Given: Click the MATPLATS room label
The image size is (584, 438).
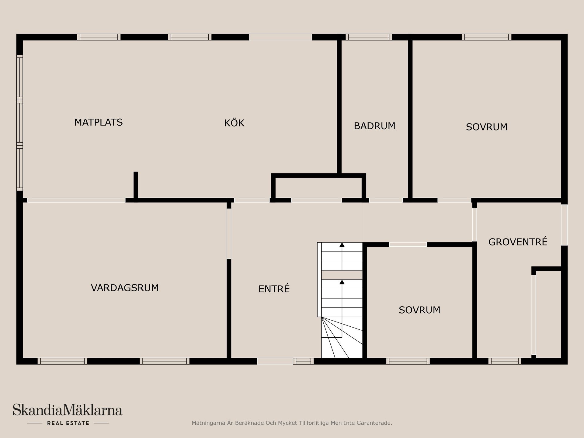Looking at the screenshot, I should [98, 122].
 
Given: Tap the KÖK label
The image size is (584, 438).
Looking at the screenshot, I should [234, 123].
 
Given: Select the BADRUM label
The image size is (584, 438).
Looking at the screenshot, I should [374, 126].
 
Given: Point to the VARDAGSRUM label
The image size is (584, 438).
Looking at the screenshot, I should [125, 288].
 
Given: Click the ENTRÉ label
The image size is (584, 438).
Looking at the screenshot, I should [274, 289].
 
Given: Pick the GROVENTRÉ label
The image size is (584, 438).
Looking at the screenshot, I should [518, 242].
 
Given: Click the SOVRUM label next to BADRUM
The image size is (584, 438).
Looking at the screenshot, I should [487, 127].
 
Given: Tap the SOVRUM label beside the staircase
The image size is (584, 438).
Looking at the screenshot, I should [419, 310].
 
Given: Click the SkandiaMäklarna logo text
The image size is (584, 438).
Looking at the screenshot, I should [68, 410].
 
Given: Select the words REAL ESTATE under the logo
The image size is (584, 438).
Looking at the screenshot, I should [68, 423].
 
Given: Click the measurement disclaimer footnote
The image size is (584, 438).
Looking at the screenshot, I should [292, 423].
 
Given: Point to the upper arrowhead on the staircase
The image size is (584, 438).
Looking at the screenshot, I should [342, 245].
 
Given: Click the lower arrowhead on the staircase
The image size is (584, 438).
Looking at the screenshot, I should [342, 282].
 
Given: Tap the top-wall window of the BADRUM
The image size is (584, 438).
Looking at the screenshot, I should [369, 37].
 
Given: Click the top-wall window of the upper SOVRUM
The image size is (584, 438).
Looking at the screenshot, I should [486, 37].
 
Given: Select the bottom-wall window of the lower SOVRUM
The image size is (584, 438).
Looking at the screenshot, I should [408, 361].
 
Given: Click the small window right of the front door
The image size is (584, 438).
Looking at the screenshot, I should [303, 361].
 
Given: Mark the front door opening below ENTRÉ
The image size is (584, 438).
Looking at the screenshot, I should [275, 361].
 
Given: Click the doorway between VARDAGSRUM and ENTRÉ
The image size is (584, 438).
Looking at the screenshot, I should [229, 234].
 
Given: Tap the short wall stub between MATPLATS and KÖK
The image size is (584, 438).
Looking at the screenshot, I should [136, 186].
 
